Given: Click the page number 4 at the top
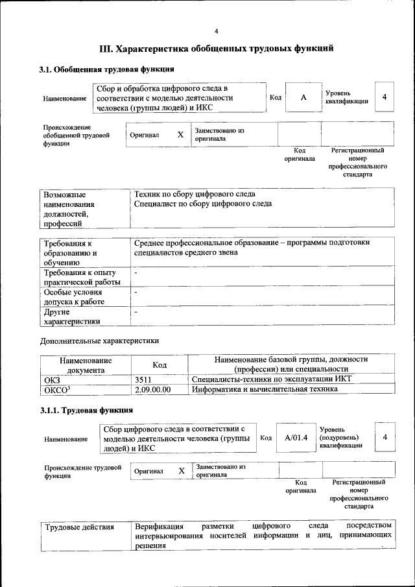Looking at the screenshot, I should (217, 30).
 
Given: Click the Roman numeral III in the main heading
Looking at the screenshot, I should (106, 49).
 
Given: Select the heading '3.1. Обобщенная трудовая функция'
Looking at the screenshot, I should (106, 69).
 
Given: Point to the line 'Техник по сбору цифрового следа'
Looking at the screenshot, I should (194, 194).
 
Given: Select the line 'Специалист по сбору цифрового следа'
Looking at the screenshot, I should (202, 204).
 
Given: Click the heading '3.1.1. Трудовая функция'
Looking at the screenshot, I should (86, 410).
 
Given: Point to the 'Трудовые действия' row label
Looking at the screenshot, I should (79, 526).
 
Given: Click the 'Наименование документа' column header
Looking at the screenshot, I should (86, 365).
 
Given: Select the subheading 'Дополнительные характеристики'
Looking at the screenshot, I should (99, 341).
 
